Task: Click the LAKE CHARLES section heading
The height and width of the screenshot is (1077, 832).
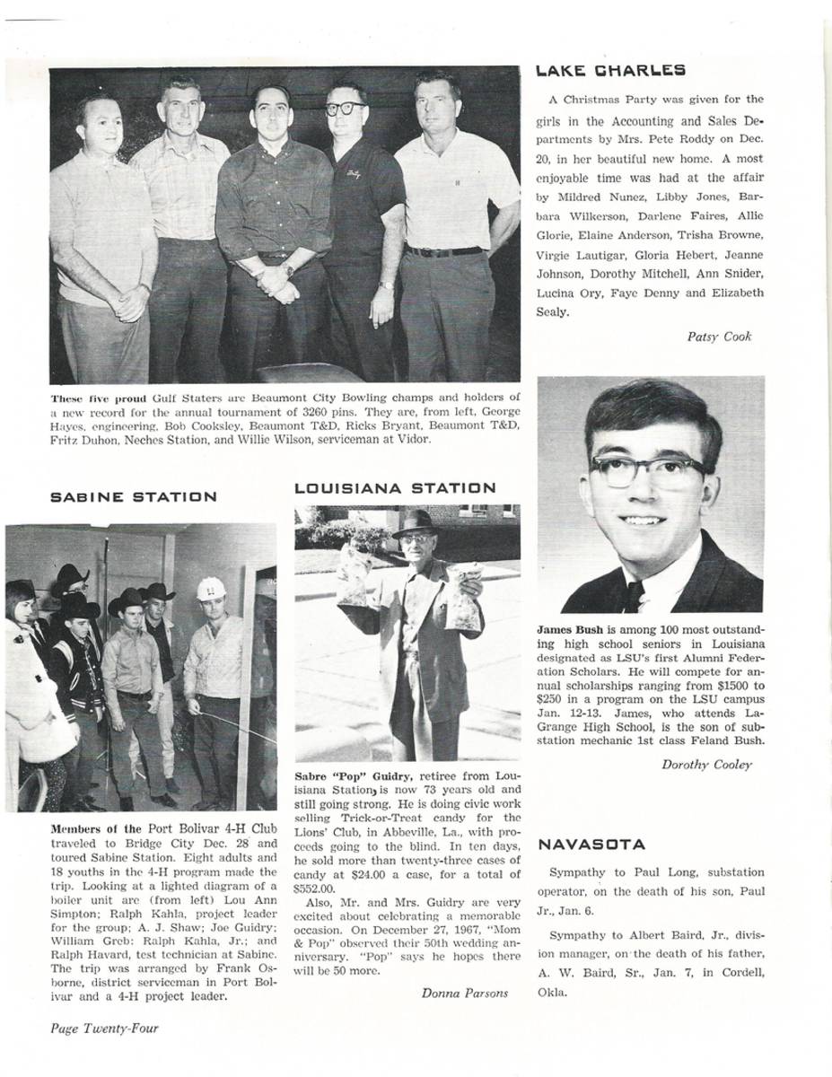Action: (x=609, y=70)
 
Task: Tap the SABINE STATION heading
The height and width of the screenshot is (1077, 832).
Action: (x=133, y=496)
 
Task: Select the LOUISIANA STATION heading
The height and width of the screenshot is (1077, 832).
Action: (x=395, y=488)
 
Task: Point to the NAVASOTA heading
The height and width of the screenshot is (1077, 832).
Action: (x=591, y=845)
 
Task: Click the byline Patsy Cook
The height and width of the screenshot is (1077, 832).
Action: (x=719, y=337)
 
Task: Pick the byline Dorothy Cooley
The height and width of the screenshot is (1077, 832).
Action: (x=706, y=765)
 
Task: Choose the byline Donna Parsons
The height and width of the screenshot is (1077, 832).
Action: (x=465, y=993)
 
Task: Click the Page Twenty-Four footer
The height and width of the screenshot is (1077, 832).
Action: (x=104, y=1029)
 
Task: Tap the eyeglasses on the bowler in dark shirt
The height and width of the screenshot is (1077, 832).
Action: (x=346, y=109)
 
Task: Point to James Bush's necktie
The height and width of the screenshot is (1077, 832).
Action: (x=635, y=597)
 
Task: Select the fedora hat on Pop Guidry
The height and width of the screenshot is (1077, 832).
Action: (x=415, y=523)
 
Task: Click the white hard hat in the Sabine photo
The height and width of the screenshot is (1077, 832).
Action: (x=211, y=589)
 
